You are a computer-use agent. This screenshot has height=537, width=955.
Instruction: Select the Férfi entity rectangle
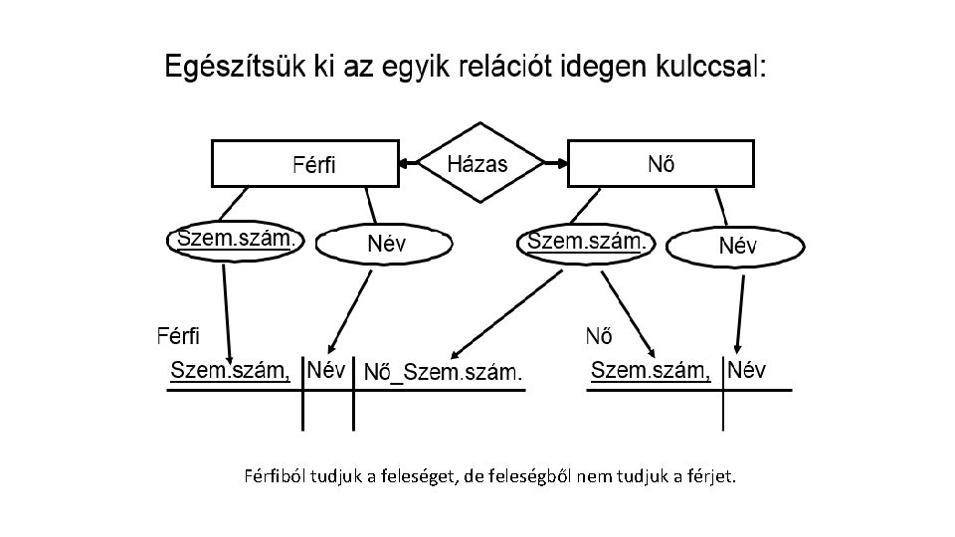tap(304, 163)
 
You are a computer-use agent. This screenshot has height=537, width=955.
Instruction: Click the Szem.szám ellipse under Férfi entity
tap(235, 240)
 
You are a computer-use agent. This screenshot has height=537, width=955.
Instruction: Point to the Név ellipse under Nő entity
tap(737, 246)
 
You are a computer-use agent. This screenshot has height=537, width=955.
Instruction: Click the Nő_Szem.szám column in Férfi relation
tap(443, 374)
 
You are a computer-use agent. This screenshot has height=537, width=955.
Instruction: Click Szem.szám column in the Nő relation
tap(651, 371)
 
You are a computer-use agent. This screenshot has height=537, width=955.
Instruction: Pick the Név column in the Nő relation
tap(747, 371)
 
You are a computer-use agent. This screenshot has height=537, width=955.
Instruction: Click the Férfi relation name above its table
tap(178, 334)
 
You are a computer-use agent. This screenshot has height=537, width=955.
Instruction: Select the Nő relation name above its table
tap(598, 334)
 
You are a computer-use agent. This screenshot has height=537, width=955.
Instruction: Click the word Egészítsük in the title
tap(238, 69)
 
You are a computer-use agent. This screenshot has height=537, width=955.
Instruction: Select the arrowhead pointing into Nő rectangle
tap(559, 163)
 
